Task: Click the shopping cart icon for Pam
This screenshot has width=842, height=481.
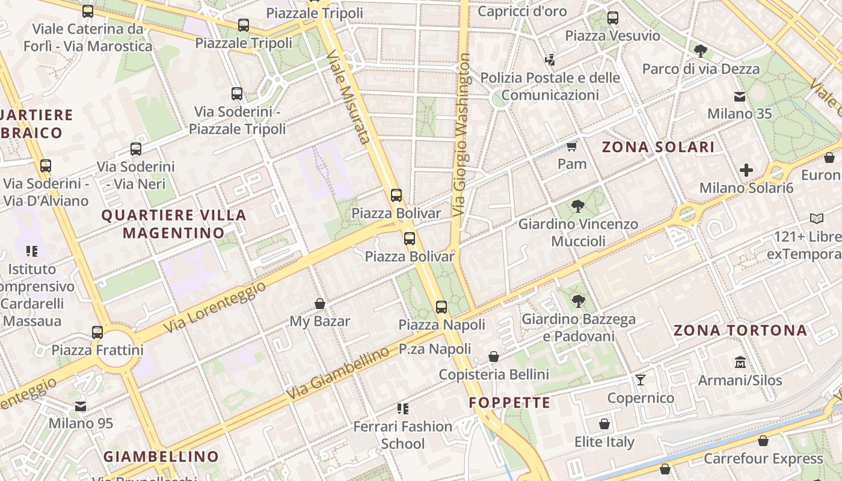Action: pos(571,146)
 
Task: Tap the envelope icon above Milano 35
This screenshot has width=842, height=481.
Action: pos(739,97)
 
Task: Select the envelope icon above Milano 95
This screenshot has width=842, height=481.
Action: pos(81,406)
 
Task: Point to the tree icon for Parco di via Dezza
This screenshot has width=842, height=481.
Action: pos(700,51)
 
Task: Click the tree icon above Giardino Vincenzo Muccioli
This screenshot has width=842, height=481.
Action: pos(578,206)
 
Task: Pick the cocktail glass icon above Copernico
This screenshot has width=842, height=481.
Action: pos(641,380)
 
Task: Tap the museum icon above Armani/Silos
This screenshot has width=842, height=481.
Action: pos(740,363)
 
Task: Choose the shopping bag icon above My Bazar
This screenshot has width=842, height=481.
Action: pos(320,304)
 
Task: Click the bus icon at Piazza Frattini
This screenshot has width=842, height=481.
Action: pos(97,332)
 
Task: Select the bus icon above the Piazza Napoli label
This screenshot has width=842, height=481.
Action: pos(441,307)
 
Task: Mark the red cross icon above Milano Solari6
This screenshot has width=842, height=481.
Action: pos(746,170)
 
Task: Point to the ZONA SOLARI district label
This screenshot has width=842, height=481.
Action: pos(658,147)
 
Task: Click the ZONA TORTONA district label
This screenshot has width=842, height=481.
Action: pos(740,330)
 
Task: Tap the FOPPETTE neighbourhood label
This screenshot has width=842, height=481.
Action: pos(509,402)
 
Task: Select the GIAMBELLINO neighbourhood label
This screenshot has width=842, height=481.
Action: pos(161,456)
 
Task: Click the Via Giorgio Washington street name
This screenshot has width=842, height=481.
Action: pos(462,135)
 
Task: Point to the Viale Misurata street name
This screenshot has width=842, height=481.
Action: pos(347,97)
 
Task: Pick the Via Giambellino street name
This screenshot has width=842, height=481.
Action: pos(337,374)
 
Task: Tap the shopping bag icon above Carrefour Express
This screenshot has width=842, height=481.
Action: pos(763,441)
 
